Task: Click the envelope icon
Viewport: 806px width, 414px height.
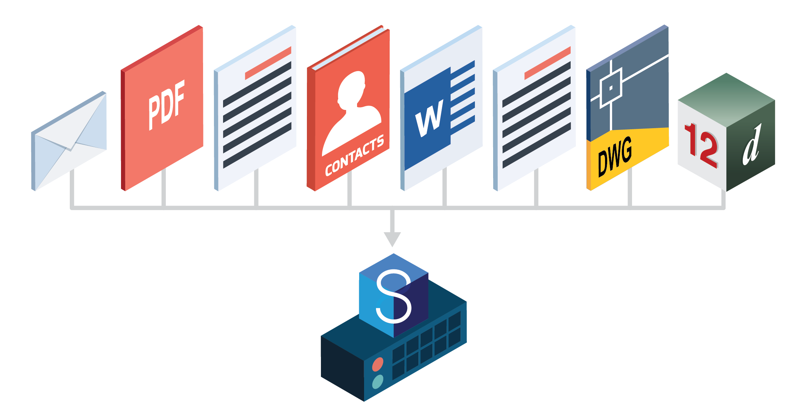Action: (x=69, y=141)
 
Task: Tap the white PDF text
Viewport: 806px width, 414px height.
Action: (x=167, y=105)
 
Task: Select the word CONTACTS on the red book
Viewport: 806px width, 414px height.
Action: (x=355, y=155)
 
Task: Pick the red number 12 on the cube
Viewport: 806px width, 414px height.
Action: (x=701, y=145)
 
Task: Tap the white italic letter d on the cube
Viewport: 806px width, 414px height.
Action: (x=752, y=145)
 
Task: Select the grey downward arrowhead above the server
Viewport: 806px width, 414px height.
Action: (x=392, y=239)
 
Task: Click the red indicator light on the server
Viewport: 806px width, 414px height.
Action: (x=378, y=364)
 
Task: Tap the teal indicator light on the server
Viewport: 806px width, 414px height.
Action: (x=378, y=382)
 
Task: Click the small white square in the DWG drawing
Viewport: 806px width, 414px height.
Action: (x=611, y=88)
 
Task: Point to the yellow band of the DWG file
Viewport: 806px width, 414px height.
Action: (x=628, y=158)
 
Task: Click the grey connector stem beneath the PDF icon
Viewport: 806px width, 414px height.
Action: (x=164, y=187)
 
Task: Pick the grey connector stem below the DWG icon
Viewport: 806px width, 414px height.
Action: (x=630, y=188)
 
